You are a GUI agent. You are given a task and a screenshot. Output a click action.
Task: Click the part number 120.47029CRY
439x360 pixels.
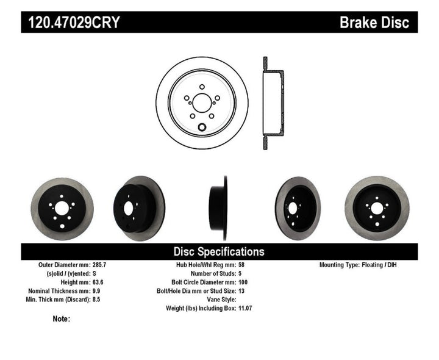click(x=72, y=23)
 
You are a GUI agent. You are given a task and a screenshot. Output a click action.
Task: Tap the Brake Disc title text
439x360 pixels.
click(x=374, y=23)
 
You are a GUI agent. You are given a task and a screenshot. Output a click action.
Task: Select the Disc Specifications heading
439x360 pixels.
click(x=219, y=251)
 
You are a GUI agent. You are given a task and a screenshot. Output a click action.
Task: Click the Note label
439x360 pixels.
click(x=62, y=319)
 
